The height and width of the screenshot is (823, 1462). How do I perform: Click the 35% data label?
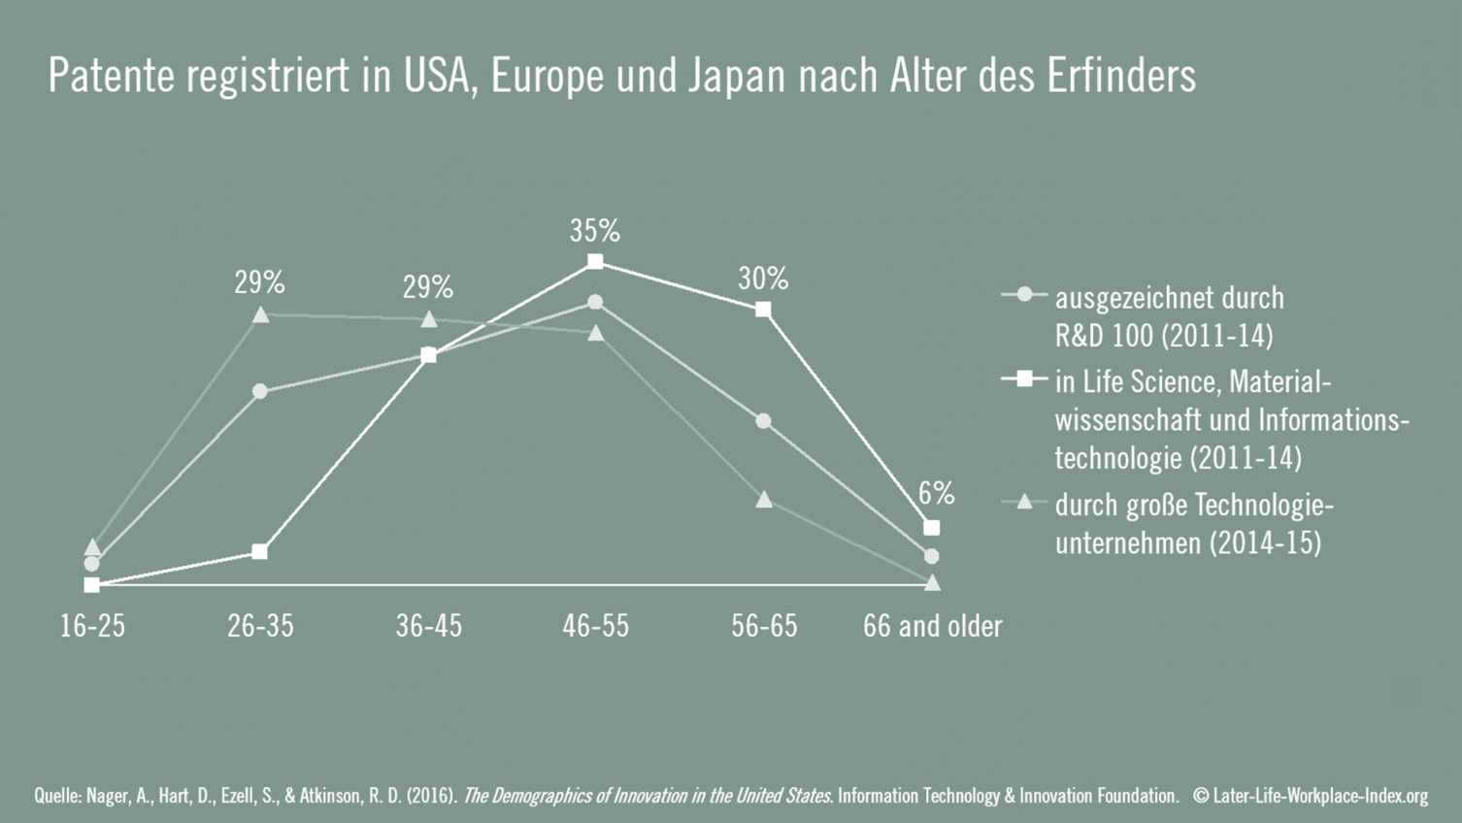pyautogui.click(x=594, y=231)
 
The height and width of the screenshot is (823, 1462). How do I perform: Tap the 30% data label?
pyautogui.click(x=763, y=280)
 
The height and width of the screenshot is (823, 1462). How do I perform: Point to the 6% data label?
pyautogui.click(x=936, y=494)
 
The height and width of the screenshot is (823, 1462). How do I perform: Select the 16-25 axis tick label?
pyautogui.click(x=92, y=626)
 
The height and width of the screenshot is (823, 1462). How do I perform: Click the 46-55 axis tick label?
pyautogui.click(x=595, y=626)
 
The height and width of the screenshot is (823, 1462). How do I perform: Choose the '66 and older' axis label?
pyautogui.click(x=932, y=626)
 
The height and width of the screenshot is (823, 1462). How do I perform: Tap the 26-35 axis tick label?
pyautogui.click(x=260, y=626)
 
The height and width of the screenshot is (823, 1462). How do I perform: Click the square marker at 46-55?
pyautogui.click(x=595, y=262)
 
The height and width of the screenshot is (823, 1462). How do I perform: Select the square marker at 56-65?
pyautogui.click(x=763, y=310)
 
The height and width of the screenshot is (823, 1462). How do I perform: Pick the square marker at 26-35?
pyautogui.click(x=259, y=551)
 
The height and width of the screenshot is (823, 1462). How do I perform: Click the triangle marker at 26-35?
pyautogui.click(x=260, y=314)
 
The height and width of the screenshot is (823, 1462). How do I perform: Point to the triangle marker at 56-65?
pyautogui.click(x=764, y=499)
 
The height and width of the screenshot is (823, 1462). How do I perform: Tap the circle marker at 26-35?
pyautogui.click(x=259, y=391)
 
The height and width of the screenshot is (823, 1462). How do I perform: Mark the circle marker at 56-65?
pyautogui.click(x=763, y=421)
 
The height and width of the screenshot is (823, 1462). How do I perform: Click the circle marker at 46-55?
pyautogui.click(x=595, y=303)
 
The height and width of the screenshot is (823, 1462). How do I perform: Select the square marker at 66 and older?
pyautogui.click(x=932, y=528)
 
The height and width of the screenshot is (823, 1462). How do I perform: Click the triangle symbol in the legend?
pyautogui.click(x=1023, y=502)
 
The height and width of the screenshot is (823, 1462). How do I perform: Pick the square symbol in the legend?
pyautogui.click(x=1023, y=379)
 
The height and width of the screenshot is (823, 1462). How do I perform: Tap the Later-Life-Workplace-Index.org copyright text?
pyautogui.click(x=1311, y=796)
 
